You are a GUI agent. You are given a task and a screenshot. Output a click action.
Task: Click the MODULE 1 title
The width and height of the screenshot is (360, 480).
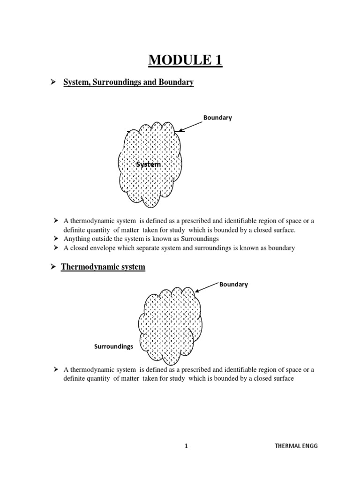[186, 60]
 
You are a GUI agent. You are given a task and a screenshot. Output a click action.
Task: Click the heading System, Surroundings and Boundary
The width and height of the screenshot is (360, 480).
[128, 82]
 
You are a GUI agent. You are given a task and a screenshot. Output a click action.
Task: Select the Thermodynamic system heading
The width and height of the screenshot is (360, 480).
[103, 267]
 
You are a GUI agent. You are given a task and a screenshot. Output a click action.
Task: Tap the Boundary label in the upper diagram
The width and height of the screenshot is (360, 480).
[217, 118]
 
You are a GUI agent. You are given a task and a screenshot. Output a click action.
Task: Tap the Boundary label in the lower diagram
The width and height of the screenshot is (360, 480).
[233, 284]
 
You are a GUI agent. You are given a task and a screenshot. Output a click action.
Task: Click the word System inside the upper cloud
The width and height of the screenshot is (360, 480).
[149, 165]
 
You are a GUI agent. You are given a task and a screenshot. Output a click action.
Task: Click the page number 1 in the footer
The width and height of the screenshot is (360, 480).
[186, 446]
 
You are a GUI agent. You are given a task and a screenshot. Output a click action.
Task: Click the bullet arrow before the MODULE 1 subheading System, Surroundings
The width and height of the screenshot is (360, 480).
[53, 82]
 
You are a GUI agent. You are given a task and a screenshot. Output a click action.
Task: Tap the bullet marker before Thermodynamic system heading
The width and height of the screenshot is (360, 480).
[53, 267]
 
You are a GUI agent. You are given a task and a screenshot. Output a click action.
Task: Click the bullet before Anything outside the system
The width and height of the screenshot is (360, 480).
[56, 239]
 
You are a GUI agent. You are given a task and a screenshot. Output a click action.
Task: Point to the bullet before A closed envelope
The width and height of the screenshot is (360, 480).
[56, 248]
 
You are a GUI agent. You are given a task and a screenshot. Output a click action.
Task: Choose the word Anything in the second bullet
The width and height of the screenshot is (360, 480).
[76, 239]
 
